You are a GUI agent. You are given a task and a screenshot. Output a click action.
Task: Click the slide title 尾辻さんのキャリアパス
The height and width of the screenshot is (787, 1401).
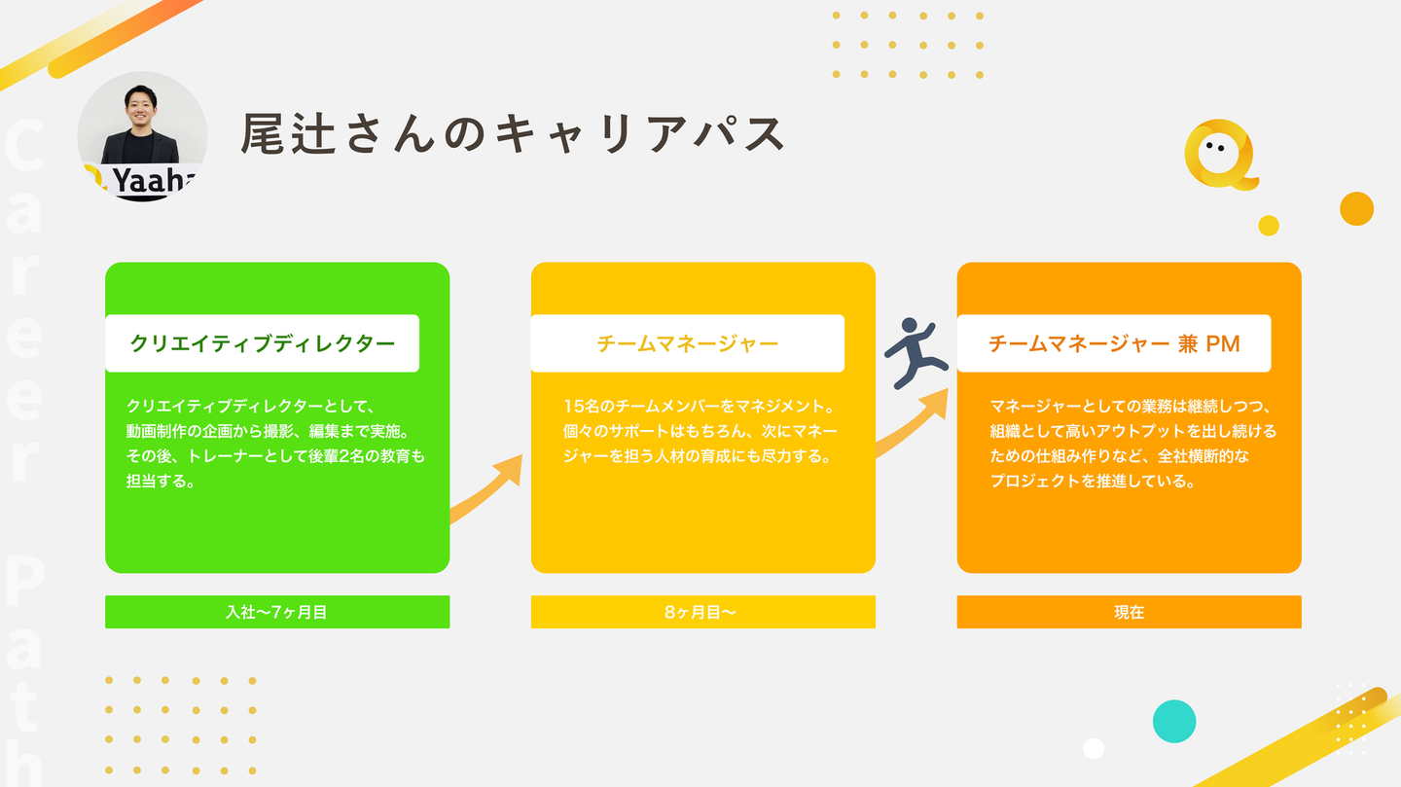[x=513, y=134]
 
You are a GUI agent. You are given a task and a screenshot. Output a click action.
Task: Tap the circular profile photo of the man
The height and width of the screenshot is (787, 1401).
[x=142, y=136]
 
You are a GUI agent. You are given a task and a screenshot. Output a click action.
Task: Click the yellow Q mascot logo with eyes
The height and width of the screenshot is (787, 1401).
[x=1221, y=155]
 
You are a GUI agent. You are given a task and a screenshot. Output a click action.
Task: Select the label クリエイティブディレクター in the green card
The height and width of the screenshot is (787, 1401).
[x=262, y=343]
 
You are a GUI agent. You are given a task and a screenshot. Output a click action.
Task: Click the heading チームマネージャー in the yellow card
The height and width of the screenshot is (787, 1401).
[x=687, y=343]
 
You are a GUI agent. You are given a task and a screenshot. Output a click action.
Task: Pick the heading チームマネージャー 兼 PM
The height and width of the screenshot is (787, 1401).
[x=1114, y=343]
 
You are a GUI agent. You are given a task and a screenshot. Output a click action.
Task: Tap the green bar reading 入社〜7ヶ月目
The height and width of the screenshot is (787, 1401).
[x=277, y=612]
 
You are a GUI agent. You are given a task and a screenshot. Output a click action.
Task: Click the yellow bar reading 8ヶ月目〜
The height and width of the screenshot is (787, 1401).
[x=703, y=612]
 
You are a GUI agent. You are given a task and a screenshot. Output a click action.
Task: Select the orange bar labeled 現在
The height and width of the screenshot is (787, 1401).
[x=1129, y=612]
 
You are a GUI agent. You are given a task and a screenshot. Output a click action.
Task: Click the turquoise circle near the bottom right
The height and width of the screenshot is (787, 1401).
[x=1174, y=721]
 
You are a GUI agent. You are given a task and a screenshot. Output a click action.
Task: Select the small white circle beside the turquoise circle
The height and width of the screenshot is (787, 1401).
[x=1094, y=748]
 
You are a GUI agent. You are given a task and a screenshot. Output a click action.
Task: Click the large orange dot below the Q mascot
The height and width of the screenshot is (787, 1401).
[x=1356, y=208]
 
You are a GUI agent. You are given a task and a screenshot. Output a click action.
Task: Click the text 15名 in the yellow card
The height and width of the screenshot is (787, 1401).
[x=582, y=407]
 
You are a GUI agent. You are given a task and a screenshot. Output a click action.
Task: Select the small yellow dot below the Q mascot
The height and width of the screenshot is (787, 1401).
[x=1269, y=226]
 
